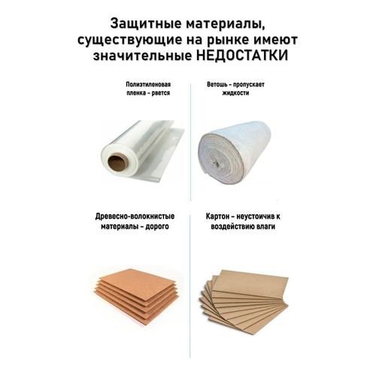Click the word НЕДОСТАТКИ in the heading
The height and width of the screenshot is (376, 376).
tap(242, 56)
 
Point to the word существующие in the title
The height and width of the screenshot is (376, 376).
tap(129, 41)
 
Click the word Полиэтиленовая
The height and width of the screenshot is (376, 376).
tap(148, 84)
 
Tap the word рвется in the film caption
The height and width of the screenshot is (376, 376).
tap(160, 93)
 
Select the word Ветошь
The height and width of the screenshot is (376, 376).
tap(217, 84)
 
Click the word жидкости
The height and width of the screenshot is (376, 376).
tap(235, 93)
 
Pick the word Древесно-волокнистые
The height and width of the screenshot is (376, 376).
tap(135, 217)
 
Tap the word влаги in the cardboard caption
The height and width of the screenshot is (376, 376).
tap(265, 226)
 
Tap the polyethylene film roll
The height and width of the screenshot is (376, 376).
tap(142, 150)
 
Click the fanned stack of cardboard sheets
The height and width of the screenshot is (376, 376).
tap(244, 302)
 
